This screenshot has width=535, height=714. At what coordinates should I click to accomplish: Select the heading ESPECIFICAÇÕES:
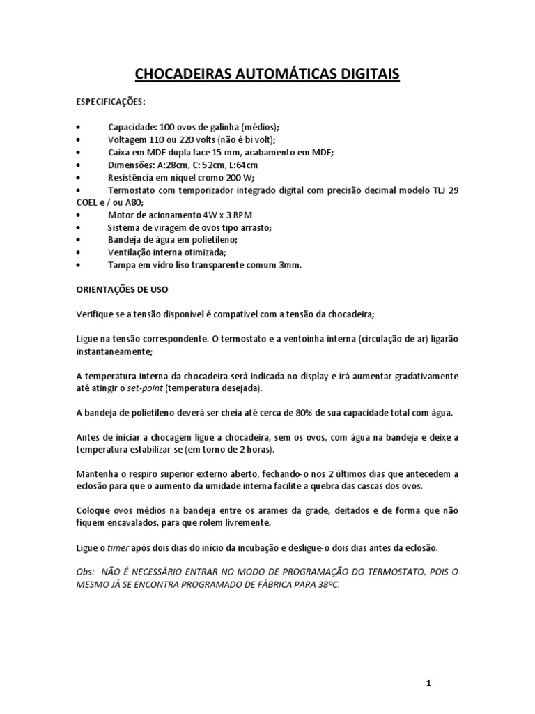[x=110, y=102]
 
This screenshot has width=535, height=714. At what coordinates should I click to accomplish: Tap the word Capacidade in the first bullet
[x=132, y=127]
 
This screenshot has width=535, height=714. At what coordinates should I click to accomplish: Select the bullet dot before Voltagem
[x=78, y=140]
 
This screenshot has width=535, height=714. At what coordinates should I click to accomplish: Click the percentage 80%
[x=301, y=412]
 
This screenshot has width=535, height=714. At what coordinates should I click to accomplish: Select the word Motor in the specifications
[x=122, y=215]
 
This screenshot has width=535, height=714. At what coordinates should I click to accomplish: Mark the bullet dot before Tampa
[x=78, y=266]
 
